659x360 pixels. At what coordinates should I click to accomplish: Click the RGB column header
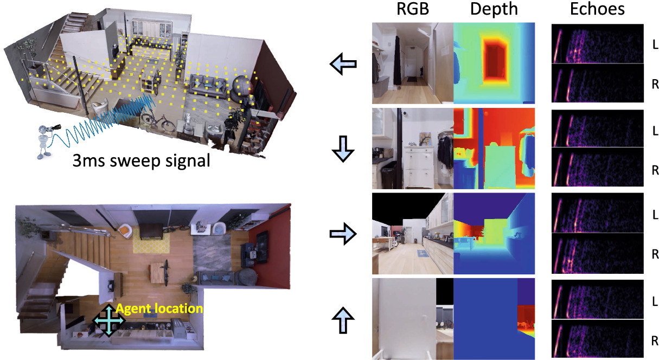(x=412, y=9)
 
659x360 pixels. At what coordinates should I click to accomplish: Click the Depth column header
(x=493, y=9)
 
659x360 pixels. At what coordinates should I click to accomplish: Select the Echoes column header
(x=598, y=9)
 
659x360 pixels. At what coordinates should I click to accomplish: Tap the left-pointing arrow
(x=343, y=64)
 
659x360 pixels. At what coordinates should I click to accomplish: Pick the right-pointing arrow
(x=343, y=234)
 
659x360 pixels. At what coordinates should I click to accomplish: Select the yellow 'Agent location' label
(x=159, y=309)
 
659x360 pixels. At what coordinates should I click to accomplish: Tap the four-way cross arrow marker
(x=108, y=320)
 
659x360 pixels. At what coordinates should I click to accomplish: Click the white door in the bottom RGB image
(x=404, y=317)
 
